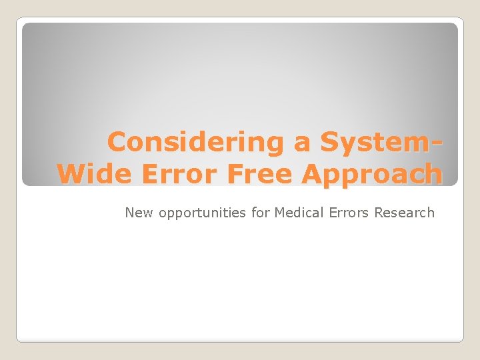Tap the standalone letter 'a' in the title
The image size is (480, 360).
[x=303, y=143]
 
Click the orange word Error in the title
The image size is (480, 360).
[x=181, y=174]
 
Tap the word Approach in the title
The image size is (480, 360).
[x=371, y=175]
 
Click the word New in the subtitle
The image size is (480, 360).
[x=139, y=213]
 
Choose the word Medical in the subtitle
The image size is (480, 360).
[x=299, y=213]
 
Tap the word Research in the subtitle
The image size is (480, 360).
[x=404, y=213]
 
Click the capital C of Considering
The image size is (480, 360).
[x=117, y=142]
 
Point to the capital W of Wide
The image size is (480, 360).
[x=71, y=174]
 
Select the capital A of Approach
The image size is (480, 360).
[x=313, y=174]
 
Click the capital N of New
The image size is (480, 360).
[x=129, y=213]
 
